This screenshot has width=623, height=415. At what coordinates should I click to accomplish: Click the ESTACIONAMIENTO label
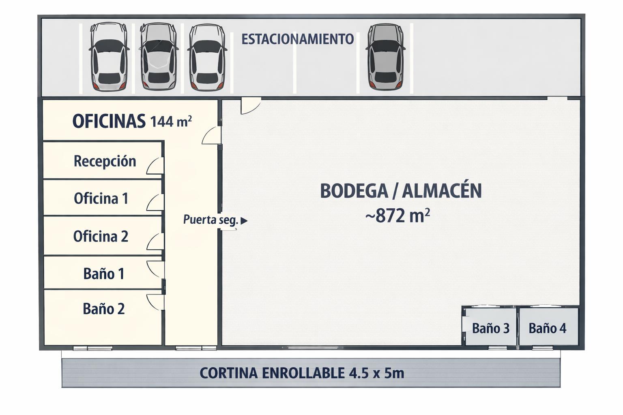(298, 39)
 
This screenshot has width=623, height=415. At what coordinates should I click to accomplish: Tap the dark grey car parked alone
(385, 57)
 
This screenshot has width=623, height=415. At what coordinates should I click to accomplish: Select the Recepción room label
(105, 161)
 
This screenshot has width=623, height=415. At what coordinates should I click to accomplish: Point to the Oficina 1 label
(101, 199)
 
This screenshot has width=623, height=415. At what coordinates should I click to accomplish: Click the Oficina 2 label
(101, 236)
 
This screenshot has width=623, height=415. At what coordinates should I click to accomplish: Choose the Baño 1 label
(104, 274)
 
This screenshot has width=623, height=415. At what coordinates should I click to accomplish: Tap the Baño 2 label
(104, 309)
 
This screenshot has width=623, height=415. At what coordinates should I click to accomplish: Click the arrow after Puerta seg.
(244, 221)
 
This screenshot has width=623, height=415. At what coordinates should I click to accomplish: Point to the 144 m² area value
(171, 121)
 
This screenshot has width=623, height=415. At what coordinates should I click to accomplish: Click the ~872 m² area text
(398, 216)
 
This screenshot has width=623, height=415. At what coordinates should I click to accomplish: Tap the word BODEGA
(354, 191)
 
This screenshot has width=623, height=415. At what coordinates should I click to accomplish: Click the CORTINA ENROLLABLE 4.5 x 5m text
(302, 373)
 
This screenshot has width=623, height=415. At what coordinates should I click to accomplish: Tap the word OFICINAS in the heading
(109, 121)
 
